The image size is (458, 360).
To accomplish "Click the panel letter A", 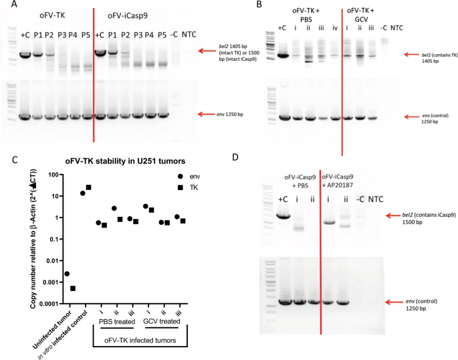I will (x=7, y=6).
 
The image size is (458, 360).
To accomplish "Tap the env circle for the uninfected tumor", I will (x=67, y=274).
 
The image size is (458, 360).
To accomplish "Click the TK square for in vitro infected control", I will (x=89, y=187).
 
